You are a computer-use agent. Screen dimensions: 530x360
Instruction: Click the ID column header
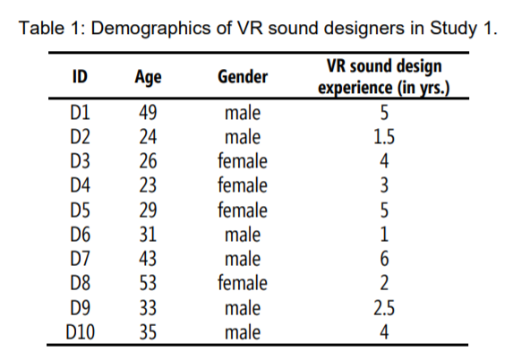click(80, 76)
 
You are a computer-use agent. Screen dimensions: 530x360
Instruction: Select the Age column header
click(148, 77)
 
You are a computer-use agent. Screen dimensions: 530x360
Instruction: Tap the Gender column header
click(243, 76)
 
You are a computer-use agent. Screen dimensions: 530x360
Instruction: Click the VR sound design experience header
click(384, 77)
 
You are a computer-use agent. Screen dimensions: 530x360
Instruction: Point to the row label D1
click(80, 113)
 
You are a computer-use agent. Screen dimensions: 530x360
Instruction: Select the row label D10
click(80, 332)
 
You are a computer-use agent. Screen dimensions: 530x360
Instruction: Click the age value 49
click(148, 113)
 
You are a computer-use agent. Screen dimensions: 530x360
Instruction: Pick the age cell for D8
click(148, 283)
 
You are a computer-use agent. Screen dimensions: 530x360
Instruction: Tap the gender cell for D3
click(243, 161)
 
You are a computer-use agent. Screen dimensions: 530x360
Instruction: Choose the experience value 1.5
click(384, 137)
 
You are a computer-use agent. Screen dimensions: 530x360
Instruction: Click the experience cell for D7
click(384, 259)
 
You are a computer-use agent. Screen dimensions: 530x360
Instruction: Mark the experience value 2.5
click(384, 308)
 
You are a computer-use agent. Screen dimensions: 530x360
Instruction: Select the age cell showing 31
click(148, 235)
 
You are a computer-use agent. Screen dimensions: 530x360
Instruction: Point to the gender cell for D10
click(243, 332)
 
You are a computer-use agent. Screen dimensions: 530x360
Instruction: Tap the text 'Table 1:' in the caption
click(53, 28)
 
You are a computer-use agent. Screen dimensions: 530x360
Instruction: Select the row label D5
click(80, 210)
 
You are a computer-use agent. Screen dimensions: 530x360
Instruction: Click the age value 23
click(148, 185)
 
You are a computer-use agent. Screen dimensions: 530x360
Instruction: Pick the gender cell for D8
click(243, 283)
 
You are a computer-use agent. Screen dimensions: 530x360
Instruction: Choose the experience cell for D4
click(384, 185)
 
